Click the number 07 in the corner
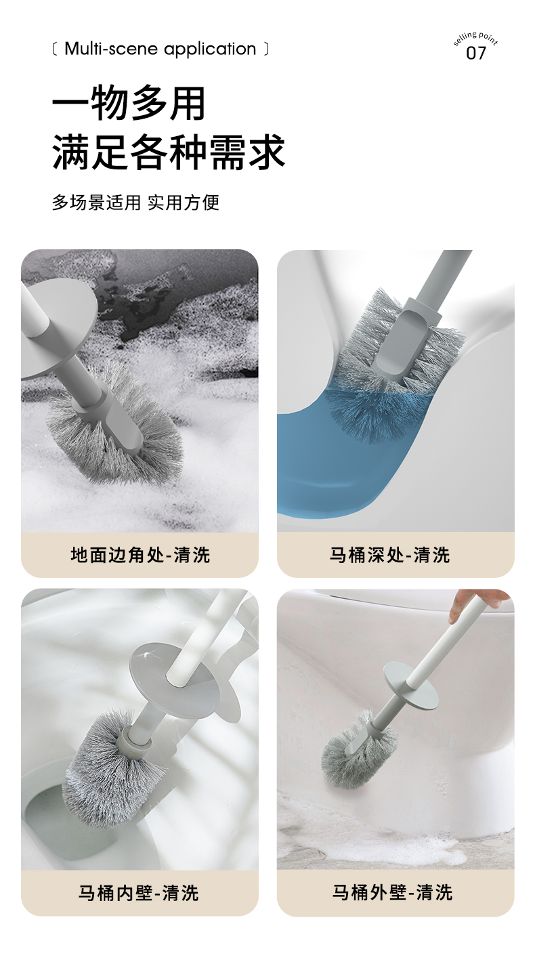476,53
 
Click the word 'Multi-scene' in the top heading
111,49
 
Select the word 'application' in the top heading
210,49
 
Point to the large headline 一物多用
129,103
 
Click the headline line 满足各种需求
169,151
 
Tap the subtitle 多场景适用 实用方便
136,203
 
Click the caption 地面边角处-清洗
140,555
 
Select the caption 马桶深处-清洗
389,555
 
